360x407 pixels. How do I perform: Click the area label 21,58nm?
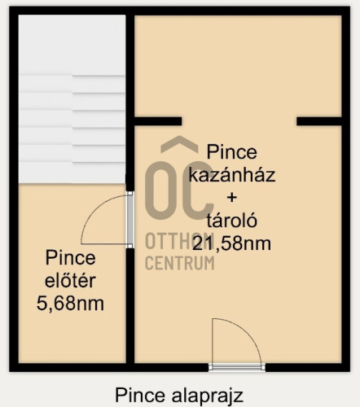point(232,243)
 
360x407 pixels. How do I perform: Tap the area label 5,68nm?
point(70,303)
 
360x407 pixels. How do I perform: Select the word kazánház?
point(232,175)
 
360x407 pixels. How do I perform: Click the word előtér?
point(70,280)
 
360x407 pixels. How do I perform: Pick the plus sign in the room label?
point(232,198)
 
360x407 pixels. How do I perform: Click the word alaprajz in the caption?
point(207,396)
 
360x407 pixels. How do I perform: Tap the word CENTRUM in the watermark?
point(180,263)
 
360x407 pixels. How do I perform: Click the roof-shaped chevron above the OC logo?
point(179,144)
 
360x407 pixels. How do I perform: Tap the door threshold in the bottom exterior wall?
point(237,367)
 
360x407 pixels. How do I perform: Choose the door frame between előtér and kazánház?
point(130,220)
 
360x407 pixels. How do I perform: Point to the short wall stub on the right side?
point(319,121)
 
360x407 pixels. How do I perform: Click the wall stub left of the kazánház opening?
point(158,121)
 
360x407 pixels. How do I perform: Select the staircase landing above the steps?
point(72,45)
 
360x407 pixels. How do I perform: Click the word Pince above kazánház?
point(232,152)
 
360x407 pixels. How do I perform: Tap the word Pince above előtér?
point(71,257)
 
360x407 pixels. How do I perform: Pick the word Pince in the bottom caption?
point(140,395)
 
